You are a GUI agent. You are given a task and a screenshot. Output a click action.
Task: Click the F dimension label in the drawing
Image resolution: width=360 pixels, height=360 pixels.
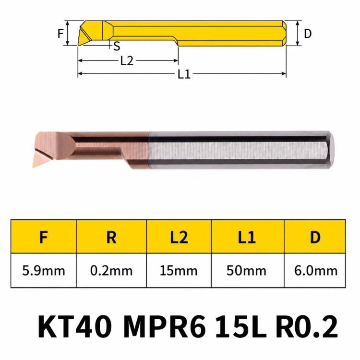60,34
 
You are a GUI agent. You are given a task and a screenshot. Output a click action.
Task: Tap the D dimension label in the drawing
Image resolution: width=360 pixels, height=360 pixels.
308,34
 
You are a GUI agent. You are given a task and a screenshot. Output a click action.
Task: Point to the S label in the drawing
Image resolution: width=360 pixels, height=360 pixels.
117,46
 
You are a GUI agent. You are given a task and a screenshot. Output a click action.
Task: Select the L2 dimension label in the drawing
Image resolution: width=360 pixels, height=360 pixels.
127,61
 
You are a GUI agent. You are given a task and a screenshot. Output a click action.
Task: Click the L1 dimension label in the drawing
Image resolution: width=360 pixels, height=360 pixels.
184,74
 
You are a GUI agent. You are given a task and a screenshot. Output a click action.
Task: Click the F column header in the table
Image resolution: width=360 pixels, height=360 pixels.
43,237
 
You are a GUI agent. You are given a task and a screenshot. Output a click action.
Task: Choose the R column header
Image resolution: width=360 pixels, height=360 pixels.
111,237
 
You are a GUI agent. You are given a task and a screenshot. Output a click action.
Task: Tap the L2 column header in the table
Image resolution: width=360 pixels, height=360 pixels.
179,237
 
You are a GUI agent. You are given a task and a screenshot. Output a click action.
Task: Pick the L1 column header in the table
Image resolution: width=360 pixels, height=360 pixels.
247,237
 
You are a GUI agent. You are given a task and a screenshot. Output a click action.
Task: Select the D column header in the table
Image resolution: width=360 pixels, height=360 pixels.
315,237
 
